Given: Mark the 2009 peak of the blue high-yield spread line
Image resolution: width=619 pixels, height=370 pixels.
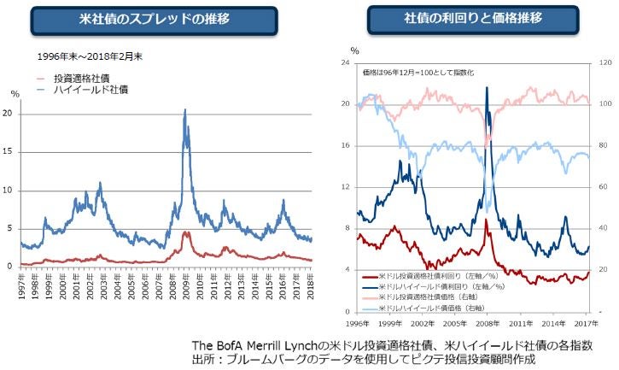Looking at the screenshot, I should coord(185,110).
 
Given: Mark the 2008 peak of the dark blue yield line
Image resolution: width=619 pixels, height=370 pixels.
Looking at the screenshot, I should coord(487,87).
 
